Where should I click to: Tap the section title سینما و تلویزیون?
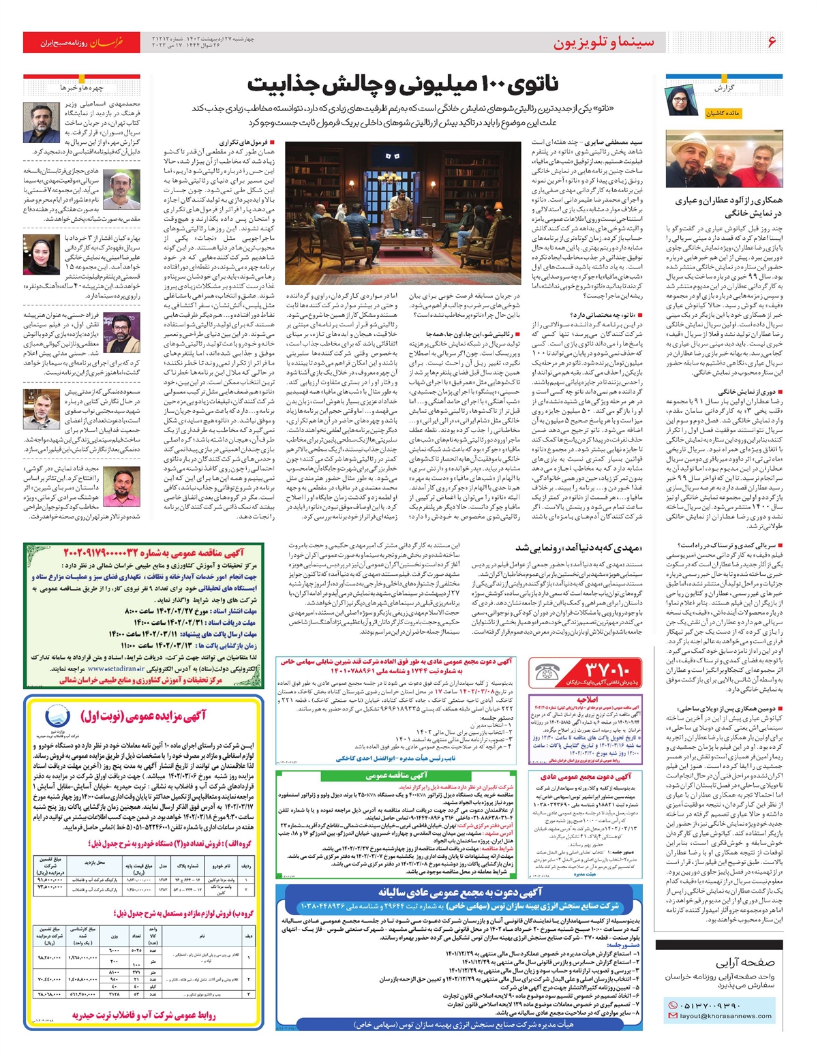603,42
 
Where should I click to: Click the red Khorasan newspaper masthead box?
82,42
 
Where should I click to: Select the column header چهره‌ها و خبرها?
82,88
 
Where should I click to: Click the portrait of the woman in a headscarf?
42,255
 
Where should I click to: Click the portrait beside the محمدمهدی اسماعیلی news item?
42,123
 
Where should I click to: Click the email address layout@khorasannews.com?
725,1016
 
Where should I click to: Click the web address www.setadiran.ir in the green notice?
122,669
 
